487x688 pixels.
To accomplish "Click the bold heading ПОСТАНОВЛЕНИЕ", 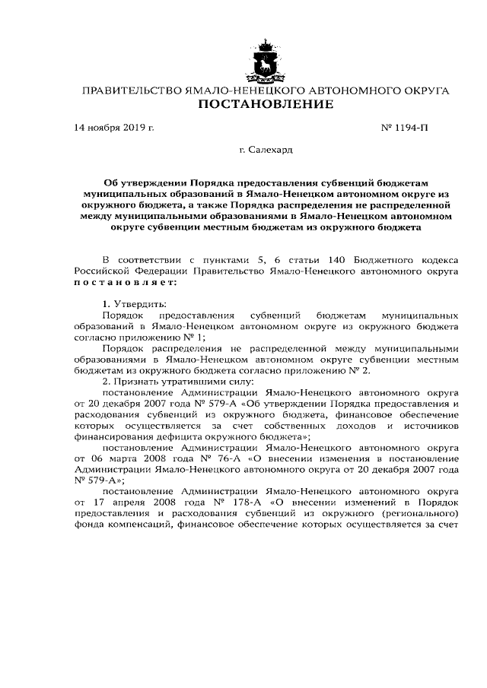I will (266, 104).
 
